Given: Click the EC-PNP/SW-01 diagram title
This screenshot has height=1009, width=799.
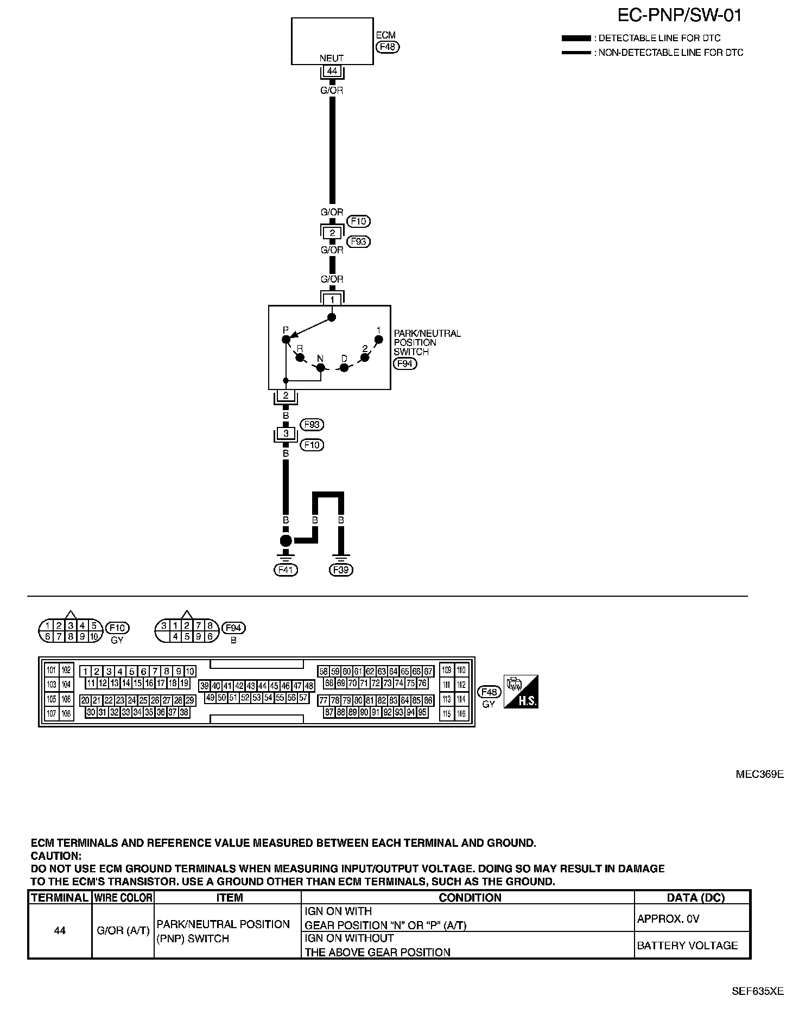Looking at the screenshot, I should click(x=679, y=15).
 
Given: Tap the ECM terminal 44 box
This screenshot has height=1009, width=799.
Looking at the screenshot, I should click(x=332, y=71).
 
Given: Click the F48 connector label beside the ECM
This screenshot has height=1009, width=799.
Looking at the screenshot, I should click(x=388, y=47).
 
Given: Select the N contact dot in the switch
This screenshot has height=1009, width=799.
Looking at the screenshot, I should click(x=320, y=368).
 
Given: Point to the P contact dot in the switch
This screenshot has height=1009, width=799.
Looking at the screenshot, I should click(x=286, y=340).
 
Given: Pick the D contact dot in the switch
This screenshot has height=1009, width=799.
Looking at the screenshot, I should click(x=344, y=368).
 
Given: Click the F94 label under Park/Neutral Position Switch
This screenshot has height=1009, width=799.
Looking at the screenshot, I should click(x=405, y=363).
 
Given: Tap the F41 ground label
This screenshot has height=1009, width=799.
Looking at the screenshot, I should click(x=286, y=570).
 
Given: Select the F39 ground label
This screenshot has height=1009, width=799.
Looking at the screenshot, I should click(x=341, y=570).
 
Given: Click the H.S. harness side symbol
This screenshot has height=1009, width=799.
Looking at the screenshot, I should click(x=521, y=692).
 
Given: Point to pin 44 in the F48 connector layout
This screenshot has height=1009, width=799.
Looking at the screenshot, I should click(x=262, y=686).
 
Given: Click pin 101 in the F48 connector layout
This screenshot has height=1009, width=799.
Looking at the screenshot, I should click(x=52, y=670).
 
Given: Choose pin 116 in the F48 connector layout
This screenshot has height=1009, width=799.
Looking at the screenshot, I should click(x=461, y=714).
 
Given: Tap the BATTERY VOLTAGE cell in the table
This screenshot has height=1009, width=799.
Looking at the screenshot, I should click(x=687, y=946).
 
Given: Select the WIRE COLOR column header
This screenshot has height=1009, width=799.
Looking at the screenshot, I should click(x=123, y=898).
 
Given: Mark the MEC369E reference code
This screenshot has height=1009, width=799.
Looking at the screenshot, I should click(x=759, y=774).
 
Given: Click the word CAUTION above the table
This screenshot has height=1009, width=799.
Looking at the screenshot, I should click(x=55, y=856).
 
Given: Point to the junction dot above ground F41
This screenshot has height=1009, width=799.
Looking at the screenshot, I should click(x=286, y=540).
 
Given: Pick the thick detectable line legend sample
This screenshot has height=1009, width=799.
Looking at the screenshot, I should click(x=576, y=39).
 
